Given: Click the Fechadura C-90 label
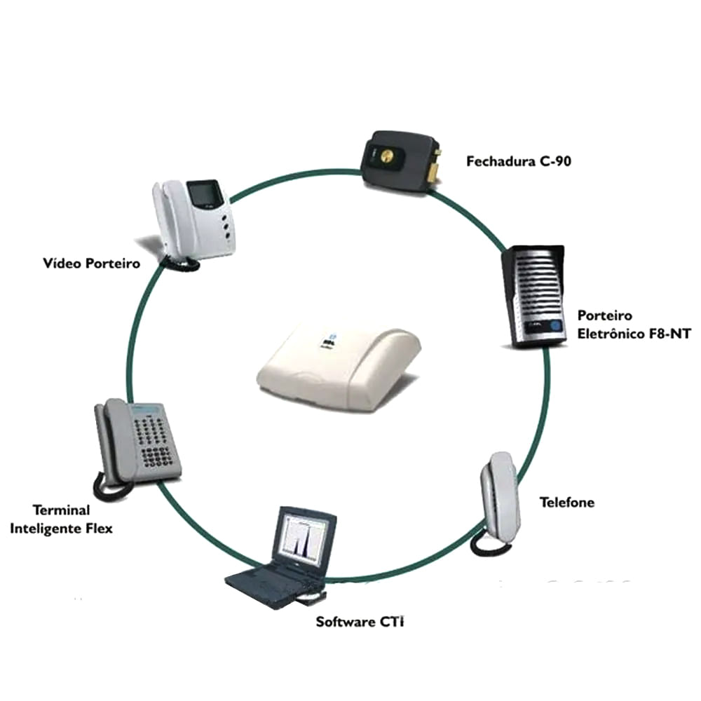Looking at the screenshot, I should click(519, 162).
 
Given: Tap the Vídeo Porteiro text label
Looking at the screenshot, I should click(91, 264).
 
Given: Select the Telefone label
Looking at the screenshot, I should click(566, 503).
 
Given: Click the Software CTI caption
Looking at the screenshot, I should click(360, 622).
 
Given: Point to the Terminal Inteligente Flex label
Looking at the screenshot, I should click(61, 519).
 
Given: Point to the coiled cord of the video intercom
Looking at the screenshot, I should click(179, 263).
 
